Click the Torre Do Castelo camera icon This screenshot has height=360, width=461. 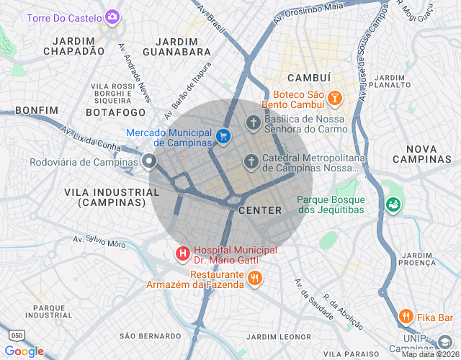click(x=112, y=16)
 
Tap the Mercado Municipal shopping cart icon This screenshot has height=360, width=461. click(x=223, y=135)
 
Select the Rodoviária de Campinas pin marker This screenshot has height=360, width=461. click(x=149, y=161)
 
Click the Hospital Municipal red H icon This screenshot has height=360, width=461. click(x=183, y=253)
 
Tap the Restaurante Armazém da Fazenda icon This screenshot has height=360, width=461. click(x=254, y=278)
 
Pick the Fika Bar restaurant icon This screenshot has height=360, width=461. click(x=406, y=317)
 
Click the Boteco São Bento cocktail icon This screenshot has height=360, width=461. click(x=334, y=97)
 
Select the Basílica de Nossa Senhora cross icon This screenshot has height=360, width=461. click(x=253, y=122)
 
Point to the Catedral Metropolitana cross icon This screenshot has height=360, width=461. click(x=251, y=161)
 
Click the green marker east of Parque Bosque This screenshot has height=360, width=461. click(x=393, y=205)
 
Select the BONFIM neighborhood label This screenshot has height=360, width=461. click(x=36, y=109)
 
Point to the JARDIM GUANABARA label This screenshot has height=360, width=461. click(x=177, y=47)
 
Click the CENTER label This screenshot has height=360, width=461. click(x=259, y=210)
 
